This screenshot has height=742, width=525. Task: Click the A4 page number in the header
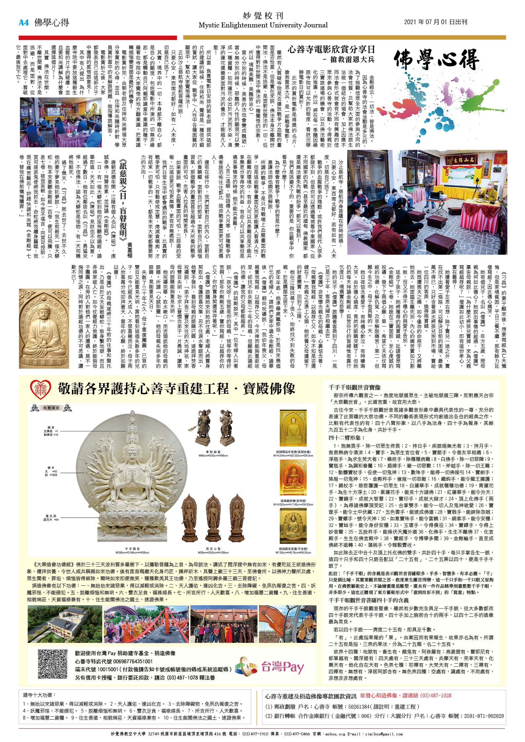point(24,22)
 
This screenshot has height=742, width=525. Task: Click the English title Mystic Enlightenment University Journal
point(263,25)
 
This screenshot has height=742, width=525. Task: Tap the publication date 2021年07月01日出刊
point(435,22)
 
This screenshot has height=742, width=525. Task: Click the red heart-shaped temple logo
point(40,389)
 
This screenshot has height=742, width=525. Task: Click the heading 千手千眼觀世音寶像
point(354,387)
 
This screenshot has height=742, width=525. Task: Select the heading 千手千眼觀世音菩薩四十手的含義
point(368,600)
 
